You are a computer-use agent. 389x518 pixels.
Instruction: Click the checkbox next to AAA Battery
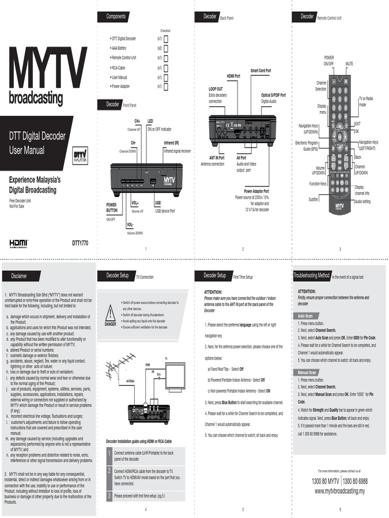tap(166, 48)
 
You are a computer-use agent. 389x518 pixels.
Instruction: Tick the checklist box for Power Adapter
tap(166, 86)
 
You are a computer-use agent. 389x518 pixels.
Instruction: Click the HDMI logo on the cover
tap(19, 243)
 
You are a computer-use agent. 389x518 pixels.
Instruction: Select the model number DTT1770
tap(80, 243)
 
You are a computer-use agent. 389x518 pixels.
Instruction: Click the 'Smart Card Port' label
tap(260, 70)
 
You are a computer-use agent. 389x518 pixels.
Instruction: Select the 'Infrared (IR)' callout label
tap(171, 143)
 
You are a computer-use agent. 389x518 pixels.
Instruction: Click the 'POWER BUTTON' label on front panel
tap(111, 207)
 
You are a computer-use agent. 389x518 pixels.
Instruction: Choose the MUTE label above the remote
tap(349, 64)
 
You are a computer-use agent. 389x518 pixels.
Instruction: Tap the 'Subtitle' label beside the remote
tap(314, 199)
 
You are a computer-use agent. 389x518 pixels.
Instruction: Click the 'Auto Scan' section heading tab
tap(305, 316)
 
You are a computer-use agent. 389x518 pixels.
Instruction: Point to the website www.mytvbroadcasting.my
tap(340, 491)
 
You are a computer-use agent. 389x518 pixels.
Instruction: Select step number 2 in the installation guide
tap(108, 470)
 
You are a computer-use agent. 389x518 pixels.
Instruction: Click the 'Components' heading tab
tap(115, 17)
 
